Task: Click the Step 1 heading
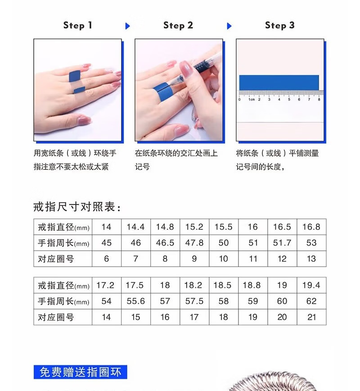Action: click(x=78, y=25)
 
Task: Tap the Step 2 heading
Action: click(x=178, y=25)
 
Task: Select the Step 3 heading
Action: click(x=280, y=25)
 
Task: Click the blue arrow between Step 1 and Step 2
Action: click(x=127, y=26)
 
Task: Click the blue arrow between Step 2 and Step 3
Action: click(x=229, y=26)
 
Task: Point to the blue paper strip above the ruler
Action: click(x=279, y=82)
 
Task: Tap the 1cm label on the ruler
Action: click(x=252, y=100)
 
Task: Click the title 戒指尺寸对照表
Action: click(x=77, y=207)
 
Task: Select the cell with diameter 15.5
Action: click(x=224, y=227)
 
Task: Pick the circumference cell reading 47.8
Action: click(x=194, y=243)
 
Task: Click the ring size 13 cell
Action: click(x=311, y=259)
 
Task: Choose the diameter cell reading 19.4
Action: click(x=311, y=285)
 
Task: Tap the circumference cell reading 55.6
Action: click(x=136, y=301)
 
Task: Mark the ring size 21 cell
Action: click(x=311, y=317)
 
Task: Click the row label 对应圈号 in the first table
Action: click(x=56, y=259)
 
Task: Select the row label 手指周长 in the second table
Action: click(x=63, y=301)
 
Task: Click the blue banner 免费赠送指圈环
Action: click(x=80, y=372)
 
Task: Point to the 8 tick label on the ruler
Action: click(x=319, y=100)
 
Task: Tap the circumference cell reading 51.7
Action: click(x=282, y=243)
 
